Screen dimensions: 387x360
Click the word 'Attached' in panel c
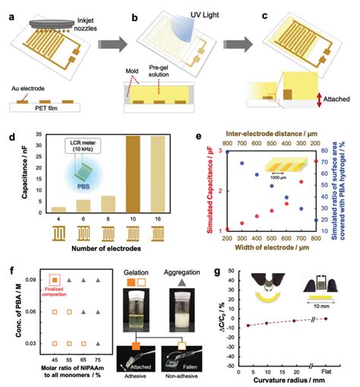(326, 100)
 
